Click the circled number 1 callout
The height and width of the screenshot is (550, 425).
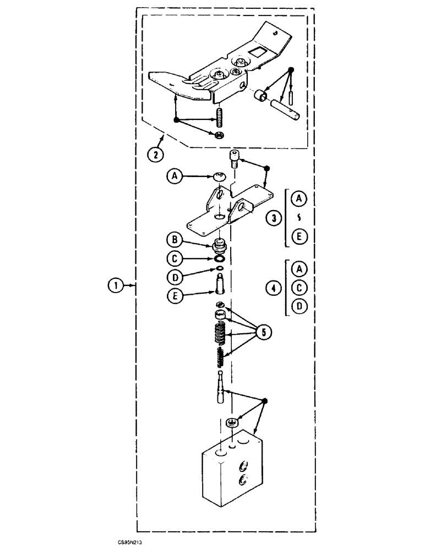click(115, 285)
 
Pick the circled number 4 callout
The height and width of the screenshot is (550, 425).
click(273, 287)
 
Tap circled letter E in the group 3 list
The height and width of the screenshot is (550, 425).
click(298, 237)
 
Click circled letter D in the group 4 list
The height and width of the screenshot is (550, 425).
click(298, 307)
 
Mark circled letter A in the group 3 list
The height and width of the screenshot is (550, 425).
click(298, 198)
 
